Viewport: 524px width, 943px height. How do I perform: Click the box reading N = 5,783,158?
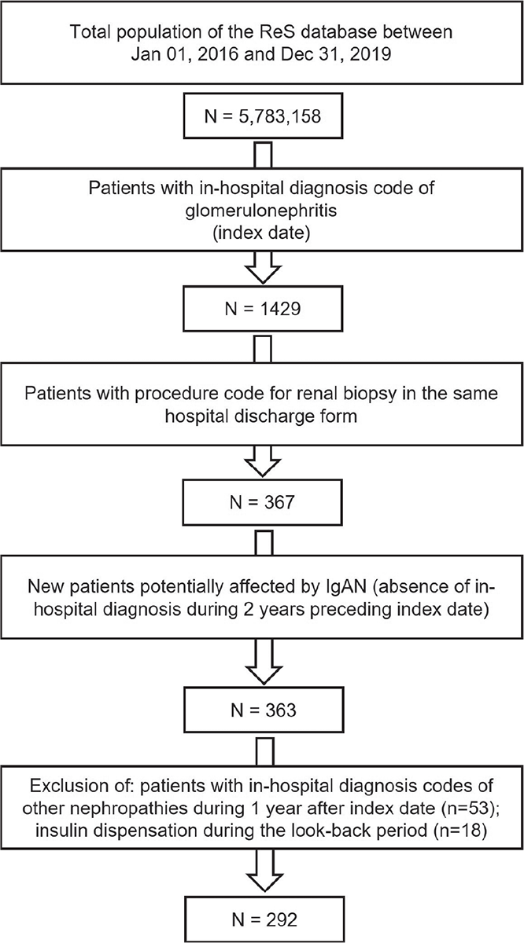(263, 116)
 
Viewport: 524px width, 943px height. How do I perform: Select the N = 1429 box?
(263, 309)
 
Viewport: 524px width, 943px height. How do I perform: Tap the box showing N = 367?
(262, 502)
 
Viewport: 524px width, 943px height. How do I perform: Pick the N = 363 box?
(264, 710)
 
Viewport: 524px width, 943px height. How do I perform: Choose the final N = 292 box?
(264, 919)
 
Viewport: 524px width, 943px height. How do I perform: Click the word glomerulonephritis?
(261, 210)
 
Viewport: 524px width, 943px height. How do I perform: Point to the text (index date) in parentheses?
(261, 233)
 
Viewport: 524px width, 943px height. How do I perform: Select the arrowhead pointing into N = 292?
(264, 883)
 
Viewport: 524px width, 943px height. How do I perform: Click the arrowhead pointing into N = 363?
(264, 675)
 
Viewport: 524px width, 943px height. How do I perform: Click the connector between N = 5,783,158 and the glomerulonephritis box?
(263, 153)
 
